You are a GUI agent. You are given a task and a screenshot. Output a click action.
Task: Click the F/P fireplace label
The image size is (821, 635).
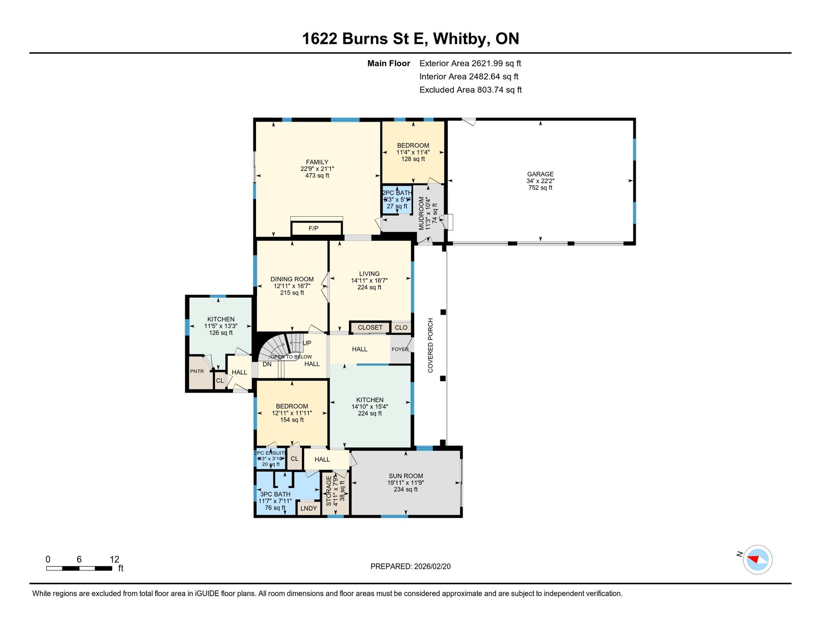point(313,228)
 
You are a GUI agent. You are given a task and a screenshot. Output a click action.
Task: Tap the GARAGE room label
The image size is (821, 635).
point(540,174)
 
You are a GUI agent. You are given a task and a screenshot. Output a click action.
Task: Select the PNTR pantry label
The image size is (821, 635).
point(197,371)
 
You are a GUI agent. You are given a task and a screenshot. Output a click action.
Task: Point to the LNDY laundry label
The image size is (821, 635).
point(308,508)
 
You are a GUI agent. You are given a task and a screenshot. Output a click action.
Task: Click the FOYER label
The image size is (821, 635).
point(400,349)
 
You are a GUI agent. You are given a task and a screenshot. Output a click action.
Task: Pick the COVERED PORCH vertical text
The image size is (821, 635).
point(430,345)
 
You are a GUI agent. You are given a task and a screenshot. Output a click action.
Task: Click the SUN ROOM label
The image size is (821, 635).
point(406,476)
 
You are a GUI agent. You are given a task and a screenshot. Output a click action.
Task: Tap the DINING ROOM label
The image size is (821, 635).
point(292,279)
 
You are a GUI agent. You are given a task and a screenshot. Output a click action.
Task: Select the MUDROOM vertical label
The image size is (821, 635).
point(421,213)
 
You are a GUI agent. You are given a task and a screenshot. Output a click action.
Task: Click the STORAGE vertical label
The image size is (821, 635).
point(329,491)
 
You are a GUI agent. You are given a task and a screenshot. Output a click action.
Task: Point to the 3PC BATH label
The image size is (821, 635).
point(275,494)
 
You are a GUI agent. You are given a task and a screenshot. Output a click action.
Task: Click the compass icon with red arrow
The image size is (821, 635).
point(757,560)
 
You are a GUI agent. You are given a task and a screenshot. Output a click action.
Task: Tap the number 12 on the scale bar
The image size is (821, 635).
point(114,559)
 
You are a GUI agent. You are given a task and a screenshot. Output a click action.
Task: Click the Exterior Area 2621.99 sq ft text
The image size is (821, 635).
point(470,63)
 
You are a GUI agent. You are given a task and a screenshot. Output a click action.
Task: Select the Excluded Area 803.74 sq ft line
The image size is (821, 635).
point(470,90)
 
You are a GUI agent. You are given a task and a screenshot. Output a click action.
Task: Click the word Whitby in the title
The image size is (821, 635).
point(461,38)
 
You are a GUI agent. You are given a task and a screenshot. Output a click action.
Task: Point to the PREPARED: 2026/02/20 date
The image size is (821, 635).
point(410,566)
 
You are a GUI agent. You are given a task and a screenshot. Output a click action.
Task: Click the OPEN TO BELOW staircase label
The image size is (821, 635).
point(291,357)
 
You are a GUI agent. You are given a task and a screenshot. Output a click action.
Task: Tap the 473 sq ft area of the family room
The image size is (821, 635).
point(317,175)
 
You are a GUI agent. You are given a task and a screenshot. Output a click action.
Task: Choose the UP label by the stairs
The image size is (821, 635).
point(307,343)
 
